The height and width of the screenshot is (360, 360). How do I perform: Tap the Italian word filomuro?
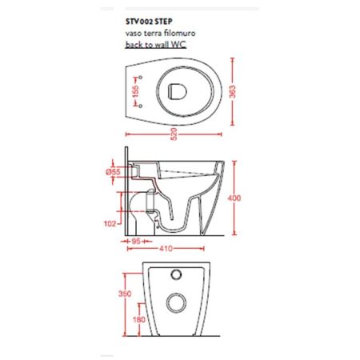pos(174,35)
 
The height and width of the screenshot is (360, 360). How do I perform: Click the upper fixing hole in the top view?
pos(142,78)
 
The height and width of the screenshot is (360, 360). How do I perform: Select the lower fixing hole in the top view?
pos(142,104)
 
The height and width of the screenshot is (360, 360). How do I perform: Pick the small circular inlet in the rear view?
pos(174,276)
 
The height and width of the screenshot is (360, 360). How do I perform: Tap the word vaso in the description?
pos(133,35)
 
